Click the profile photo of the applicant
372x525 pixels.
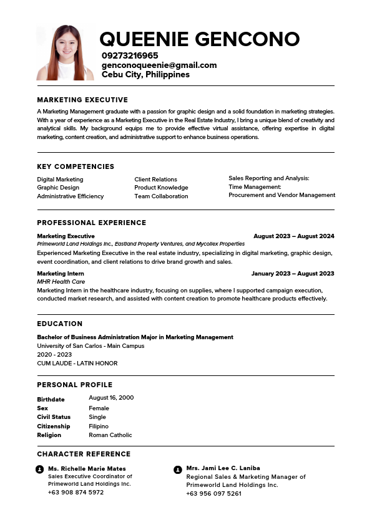coord(66,52)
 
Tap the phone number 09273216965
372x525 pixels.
coord(130,55)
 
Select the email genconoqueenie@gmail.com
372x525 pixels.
coord(159,65)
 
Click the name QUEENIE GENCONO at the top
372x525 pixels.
coord(200,39)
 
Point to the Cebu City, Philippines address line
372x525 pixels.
coord(145,74)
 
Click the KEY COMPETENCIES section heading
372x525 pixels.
coord(76,166)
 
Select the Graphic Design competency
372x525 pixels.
coord(58,188)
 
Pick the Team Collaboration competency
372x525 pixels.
coord(161,196)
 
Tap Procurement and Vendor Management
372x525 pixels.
coord(281,195)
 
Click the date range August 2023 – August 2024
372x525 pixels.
coord(293,236)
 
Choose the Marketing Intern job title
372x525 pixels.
coord(61,274)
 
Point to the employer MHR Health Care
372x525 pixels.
coord(61,282)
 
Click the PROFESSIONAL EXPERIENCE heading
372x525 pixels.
coord(91,223)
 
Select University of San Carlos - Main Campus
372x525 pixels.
coord(91,346)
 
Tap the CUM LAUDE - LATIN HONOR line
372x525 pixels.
coord(77,364)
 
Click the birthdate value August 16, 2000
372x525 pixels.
coord(111,398)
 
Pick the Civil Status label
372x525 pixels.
coord(54,417)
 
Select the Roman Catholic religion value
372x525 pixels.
coord(110,435)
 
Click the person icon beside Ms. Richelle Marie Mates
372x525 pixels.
coord(40,469)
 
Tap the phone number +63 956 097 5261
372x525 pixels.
coord(213,494)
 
